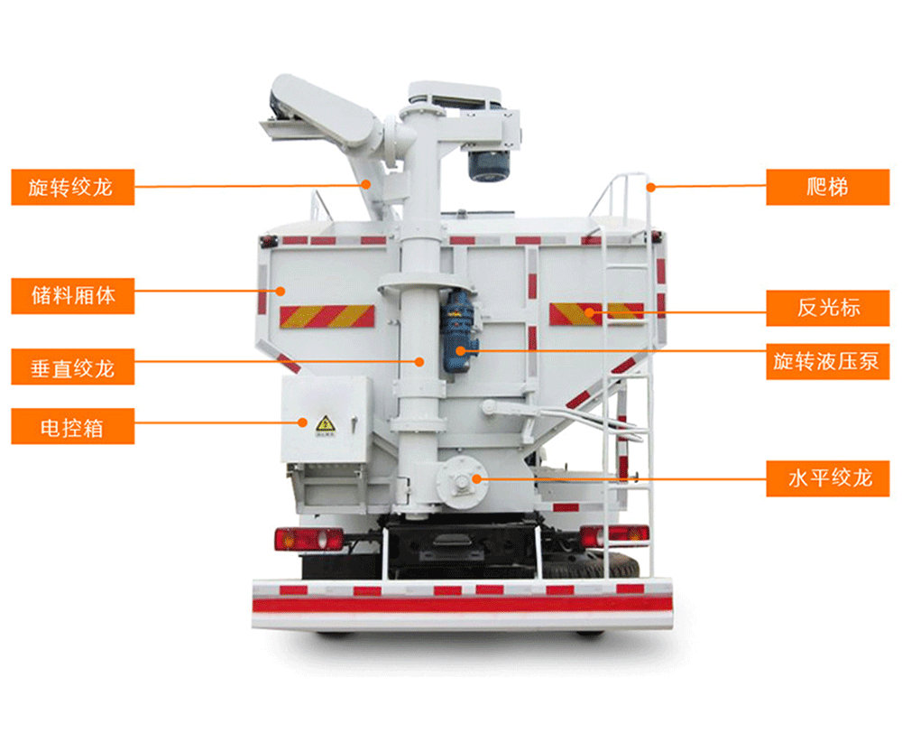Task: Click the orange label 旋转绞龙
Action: (x=73, y=187)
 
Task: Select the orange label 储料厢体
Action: (x=73, y=296)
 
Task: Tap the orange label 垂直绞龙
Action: (x=73, y=366)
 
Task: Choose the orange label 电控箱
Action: (x=73, y=426)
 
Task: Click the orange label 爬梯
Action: (x=828, y=187)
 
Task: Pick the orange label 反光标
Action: (x=828, y=308)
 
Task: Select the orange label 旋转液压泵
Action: (x=828, y=361)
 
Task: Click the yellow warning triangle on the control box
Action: (x=326, y=424)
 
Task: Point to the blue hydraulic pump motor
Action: (x=458, y=331)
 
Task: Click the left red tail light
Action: (x=308, y=539)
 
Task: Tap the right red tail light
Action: (x=614, y=536)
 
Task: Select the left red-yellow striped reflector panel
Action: (x=327, y=317)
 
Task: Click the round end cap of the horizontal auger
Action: (x=462, y=482)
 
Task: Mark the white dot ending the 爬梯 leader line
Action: (x=650, y=187)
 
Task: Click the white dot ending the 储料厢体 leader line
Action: (x=281, y=291)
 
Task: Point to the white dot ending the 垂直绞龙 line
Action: (x=419, y=361)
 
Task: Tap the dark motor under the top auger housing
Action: (x=490, y=164)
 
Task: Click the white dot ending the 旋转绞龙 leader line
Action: (x=366, y=184)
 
